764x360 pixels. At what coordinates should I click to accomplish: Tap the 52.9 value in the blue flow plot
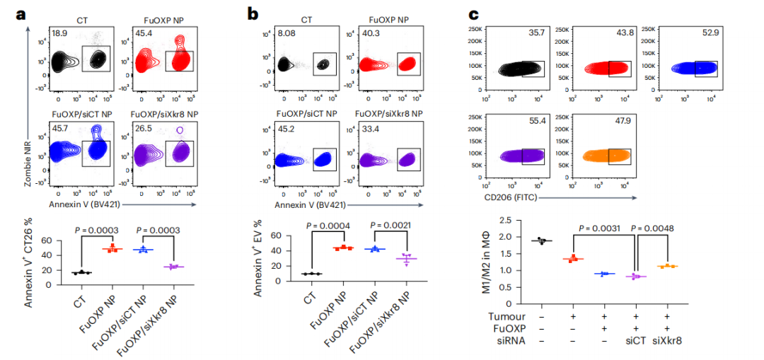point(707,33)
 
